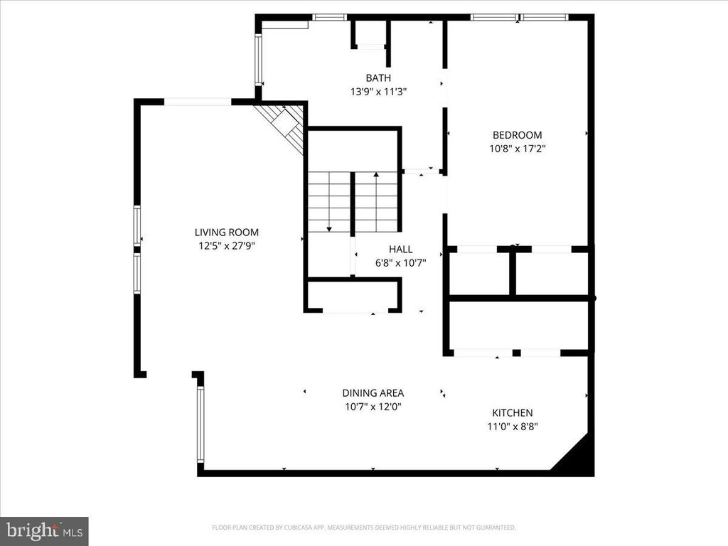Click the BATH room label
tap(378, 77)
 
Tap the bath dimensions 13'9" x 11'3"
tap(378, 91)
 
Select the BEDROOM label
tap(518, 135)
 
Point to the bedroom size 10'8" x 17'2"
tap(518, 149)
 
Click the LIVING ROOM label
tap(227, 232)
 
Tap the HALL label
tap(400, 249)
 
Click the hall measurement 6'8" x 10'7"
tap(400, 262)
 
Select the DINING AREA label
tap(373, 392)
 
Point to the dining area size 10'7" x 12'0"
tap(373, 407)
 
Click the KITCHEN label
tap(513, 412)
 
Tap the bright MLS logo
tap(44, 531)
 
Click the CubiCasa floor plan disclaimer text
tap(364, 528)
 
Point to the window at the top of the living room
tap(197, 102)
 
